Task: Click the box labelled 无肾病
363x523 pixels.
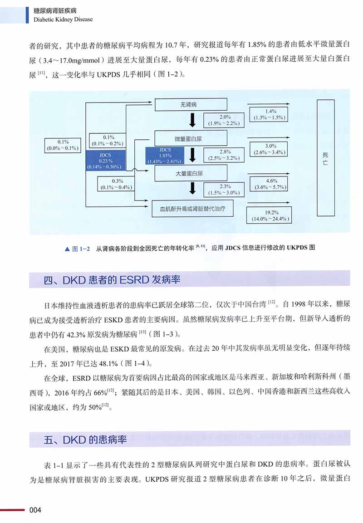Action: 191,104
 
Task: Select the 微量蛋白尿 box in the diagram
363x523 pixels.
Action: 191,138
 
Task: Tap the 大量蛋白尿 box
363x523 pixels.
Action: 191,173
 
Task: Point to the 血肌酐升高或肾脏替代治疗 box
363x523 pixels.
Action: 192,209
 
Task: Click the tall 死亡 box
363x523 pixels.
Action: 326,158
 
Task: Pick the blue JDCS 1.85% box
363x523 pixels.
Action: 165,156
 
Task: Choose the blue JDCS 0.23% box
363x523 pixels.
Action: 105,161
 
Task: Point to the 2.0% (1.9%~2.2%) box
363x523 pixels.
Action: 224,120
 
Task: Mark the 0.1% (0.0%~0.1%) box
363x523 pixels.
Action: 63,145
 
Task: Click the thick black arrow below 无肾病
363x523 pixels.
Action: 192,120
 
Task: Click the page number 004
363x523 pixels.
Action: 35,510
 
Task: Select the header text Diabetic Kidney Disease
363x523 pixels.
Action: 63,20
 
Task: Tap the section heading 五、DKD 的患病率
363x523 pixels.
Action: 85,440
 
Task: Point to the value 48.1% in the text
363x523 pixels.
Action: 108,363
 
